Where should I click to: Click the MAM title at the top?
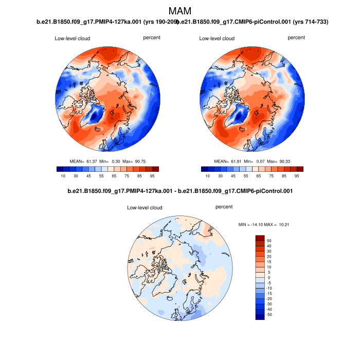point(180,11)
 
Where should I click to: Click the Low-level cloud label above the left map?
point(73,39)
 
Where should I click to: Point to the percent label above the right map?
point(296,38)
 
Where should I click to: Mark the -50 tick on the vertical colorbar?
point(269,314)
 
